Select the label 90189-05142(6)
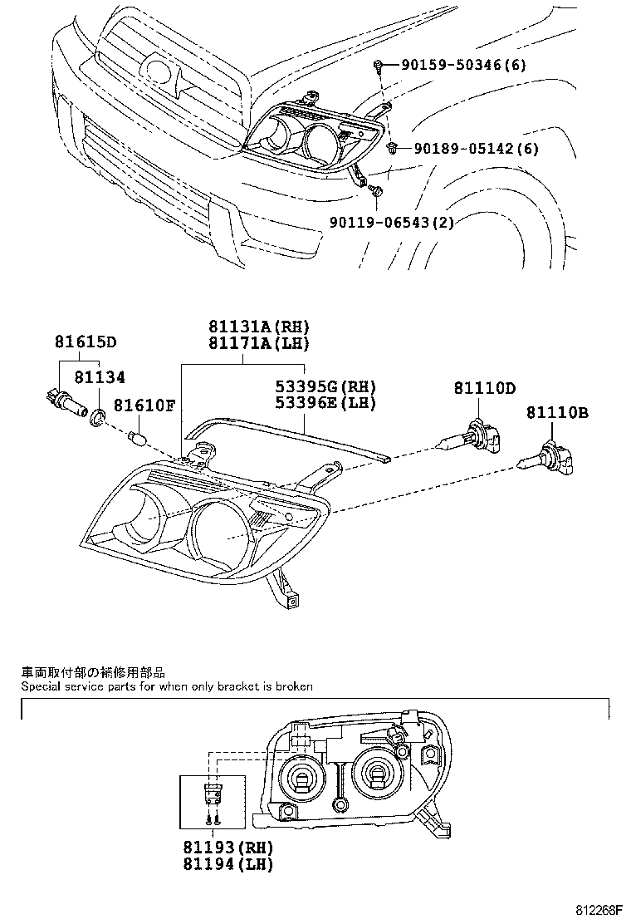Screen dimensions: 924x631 (x=476, y=149)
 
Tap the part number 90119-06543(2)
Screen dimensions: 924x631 (x=390, y=222)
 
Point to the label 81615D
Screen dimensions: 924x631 (x=86, y=342)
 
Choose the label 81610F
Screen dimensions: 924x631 (x=144, y=405)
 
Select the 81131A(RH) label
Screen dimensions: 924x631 (x=252, y=327)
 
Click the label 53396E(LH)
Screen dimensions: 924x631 (x=325, y=404)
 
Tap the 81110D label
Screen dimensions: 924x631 (x=484, y=388)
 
